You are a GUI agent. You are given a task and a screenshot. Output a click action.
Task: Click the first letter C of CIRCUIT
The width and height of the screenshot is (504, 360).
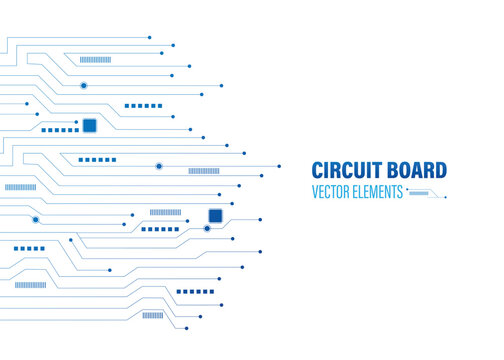pos(318,171)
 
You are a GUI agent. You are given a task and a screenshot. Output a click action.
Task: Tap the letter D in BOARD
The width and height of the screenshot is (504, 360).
pos(441,171)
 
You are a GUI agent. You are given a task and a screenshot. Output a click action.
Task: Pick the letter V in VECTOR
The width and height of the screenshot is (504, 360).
pos(315,192)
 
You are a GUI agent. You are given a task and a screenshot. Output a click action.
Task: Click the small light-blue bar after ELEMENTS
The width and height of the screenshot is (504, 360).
pos(419,191)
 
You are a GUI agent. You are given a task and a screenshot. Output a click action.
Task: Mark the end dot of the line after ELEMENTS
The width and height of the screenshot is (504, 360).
pos(445,196)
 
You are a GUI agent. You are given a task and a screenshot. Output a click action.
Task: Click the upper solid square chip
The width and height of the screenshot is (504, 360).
pos(89,125)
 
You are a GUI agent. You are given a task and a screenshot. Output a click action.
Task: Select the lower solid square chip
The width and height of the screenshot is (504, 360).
pos(215,215)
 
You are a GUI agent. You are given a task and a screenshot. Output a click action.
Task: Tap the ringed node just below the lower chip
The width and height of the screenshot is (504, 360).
pos(207,229)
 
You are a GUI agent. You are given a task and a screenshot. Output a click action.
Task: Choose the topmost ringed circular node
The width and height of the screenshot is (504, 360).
pos(84,86)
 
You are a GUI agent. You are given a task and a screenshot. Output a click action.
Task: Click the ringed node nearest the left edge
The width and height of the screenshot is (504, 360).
pos(35,219)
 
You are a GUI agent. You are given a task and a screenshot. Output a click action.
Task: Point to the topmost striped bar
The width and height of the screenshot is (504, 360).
pos(96,59)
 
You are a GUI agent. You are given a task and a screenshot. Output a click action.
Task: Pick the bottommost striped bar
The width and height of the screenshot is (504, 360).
pos(152,315)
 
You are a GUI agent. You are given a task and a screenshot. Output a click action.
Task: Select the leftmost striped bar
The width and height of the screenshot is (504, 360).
pos(20,187)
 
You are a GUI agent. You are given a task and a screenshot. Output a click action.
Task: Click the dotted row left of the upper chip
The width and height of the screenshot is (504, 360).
pos(60,130)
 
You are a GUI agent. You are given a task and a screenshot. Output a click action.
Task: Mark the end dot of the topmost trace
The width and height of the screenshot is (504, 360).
pos(150,38)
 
